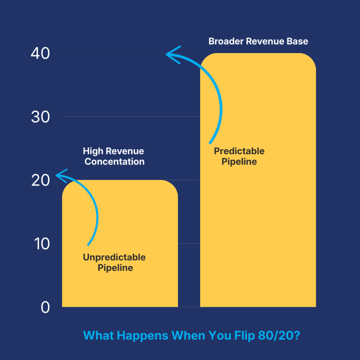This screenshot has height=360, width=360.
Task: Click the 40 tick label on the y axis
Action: tap(40, 54)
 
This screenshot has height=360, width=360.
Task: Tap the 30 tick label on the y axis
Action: tap(40, 117)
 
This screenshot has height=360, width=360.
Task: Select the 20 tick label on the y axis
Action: tap(40, 181)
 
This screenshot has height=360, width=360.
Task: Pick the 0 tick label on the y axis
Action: tap(45, 308)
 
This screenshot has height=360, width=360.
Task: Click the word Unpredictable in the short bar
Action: tap(114, 257)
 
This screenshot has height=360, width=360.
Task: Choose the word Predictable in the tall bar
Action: tap(239, 151)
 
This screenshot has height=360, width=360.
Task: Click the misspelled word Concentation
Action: tap(115, 162)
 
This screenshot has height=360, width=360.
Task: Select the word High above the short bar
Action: tap(93, 152)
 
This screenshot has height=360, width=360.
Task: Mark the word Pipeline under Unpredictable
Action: tap(115, 268)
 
